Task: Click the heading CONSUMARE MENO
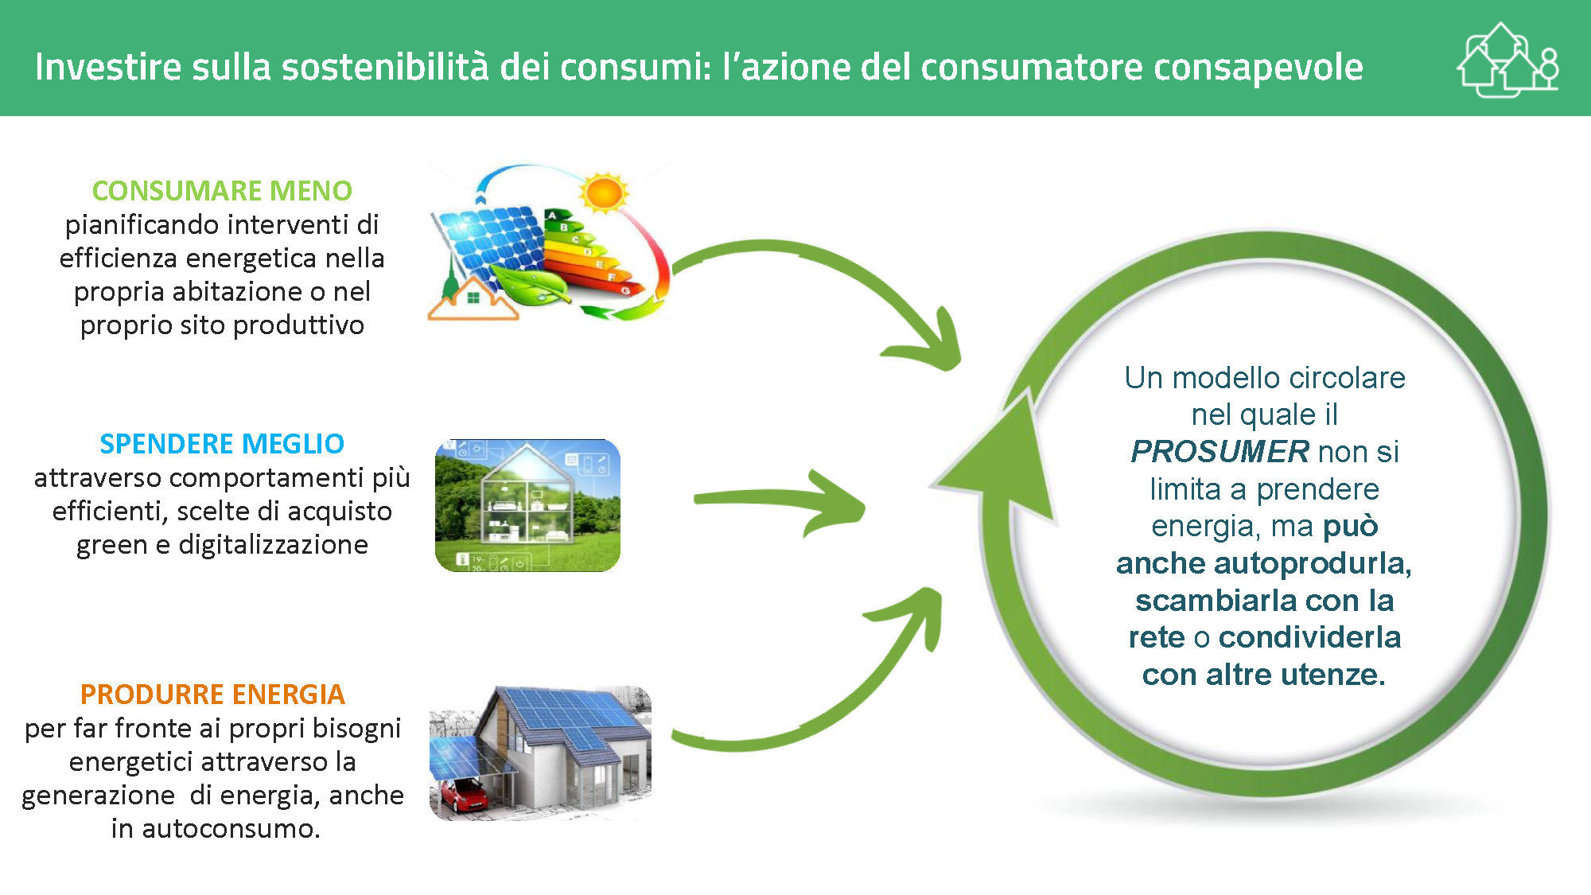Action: click(x=222, y=191)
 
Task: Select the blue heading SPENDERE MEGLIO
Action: click(x=222, y=444)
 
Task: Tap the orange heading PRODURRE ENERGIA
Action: click(x=212, y=695)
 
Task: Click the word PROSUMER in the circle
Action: click(x=1220, y=452)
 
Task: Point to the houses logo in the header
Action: click(x=1507, y=60)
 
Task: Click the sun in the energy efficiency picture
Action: click(x=604, y=193)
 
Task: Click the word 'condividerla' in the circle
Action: click(x=1309, y=637)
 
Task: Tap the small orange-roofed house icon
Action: click(x=473, y=299)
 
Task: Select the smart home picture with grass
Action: click(x=527, y=505)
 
